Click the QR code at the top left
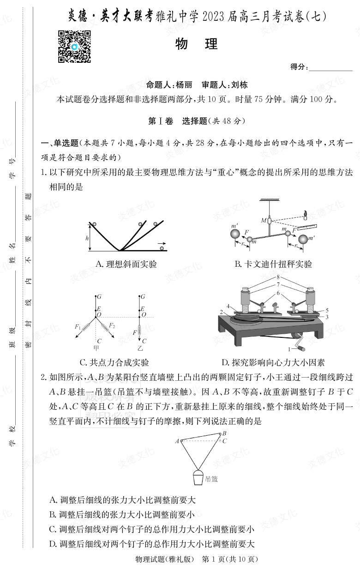click(x=74, y=47)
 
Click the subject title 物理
click(x=196, y=44)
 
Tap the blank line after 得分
click(x=330, y=67)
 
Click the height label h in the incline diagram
click(x=87, y=238)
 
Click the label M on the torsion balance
click(x=263, y=221)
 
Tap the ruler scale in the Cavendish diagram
click(x=310, y=228)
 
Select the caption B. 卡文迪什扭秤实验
click(x=273, y=264)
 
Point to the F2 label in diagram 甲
click(x=111, y=326)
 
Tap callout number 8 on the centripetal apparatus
click(x=278, y=277)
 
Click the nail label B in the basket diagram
click(x=224, y=433)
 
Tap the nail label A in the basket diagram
click(x=177, y=441)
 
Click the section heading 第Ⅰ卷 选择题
click(x=196, y=121)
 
